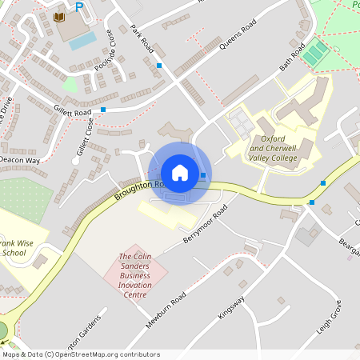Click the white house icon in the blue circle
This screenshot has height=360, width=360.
pos(180,173)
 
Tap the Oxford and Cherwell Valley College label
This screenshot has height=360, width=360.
pos(273,148)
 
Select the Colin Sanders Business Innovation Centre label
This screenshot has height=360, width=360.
pos(135,275)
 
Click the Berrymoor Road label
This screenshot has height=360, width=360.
pos(206,222)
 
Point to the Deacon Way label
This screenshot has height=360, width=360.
pos(21,160)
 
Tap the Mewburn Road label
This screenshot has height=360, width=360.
pos(166,309)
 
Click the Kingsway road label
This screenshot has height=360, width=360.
pos(231,306)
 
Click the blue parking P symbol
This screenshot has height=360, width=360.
pos(78,7)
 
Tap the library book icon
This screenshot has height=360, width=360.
pos(59,17)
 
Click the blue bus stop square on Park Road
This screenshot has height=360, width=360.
pos(159,65)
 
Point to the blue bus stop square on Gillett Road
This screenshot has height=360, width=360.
pos(103,109)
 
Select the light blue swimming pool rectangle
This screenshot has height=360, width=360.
pos(82,41)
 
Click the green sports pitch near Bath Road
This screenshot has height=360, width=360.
pos(314,54)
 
